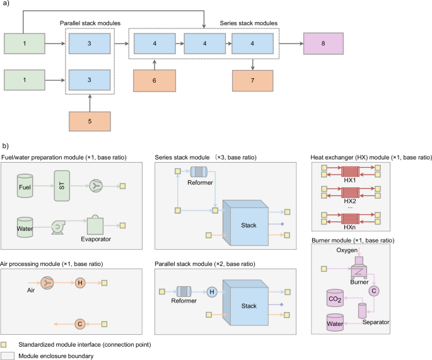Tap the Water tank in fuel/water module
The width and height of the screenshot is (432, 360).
point(26,225)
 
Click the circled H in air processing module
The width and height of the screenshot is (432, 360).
point(79,283)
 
